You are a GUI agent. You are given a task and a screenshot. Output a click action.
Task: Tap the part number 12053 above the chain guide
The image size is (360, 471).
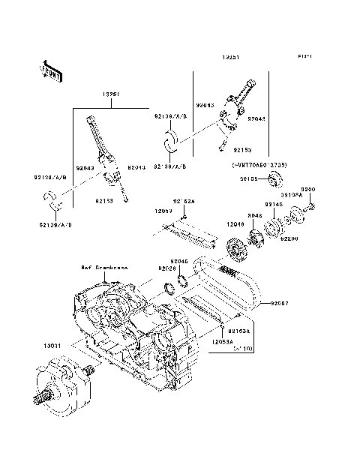tap(164, 212)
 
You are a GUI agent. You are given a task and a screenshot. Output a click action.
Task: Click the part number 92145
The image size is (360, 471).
tap(273, 204)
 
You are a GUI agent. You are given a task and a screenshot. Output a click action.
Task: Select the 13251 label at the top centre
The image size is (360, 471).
tap(232, 57)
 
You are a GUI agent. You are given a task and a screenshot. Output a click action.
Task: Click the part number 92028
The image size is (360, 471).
tap(166, 268)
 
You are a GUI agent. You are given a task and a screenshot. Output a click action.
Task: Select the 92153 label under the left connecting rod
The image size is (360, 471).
tap(105, 201)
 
